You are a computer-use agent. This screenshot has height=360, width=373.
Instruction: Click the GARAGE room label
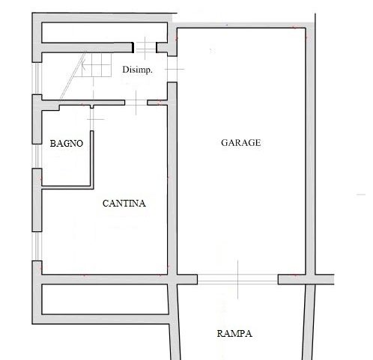241,143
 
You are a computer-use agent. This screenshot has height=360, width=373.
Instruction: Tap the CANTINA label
124,204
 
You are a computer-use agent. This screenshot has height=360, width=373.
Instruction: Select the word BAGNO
67,144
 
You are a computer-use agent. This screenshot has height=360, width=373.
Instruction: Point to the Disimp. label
137,70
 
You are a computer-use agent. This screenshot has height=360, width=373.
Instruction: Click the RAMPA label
234,334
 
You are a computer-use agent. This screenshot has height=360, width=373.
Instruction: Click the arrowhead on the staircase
83,65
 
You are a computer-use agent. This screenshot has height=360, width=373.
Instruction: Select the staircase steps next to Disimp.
96,65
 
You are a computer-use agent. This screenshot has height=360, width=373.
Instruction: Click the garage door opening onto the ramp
237,279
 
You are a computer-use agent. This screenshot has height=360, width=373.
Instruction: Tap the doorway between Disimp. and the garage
172,69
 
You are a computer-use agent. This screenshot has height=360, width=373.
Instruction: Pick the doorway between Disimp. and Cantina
136,103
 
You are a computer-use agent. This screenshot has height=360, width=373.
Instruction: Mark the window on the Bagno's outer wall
37,156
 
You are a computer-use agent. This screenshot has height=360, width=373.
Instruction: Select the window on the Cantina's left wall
37,246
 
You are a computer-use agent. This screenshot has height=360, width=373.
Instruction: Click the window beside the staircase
37,79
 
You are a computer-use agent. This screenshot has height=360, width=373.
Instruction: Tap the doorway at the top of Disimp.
145,48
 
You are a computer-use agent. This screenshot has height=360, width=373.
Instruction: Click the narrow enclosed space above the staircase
104,32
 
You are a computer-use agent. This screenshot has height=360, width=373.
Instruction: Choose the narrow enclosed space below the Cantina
105,299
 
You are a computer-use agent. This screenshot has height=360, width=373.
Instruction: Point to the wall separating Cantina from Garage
172,178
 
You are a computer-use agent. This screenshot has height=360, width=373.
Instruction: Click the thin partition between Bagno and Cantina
92,159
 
